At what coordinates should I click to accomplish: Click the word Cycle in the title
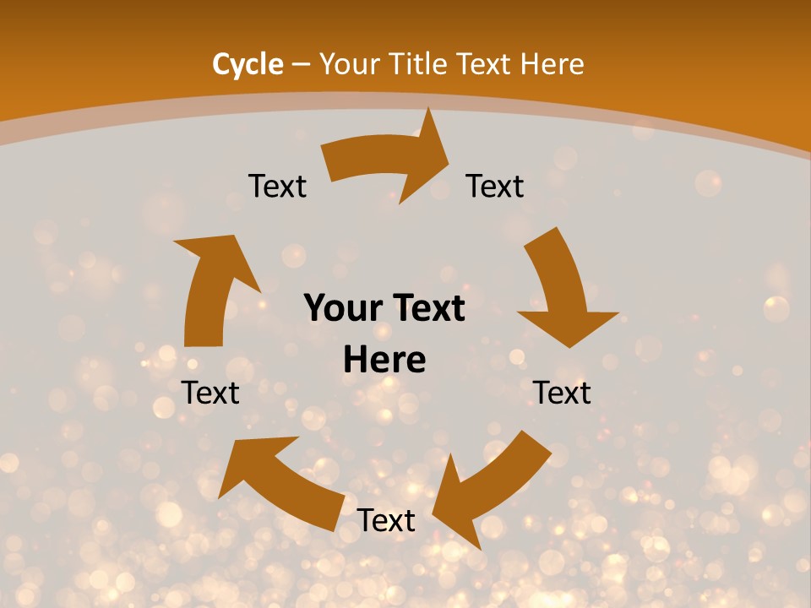[x=248, y=64]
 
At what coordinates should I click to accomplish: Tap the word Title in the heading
[x=419, y=64]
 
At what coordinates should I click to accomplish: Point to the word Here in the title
[x=552, y=64]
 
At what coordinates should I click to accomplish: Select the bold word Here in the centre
[x=384, y=360]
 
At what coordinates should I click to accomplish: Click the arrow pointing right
[x=389, y=160]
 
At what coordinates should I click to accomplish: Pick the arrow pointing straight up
[x=211, y=287]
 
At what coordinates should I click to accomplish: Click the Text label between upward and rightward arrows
[x=277, y=186]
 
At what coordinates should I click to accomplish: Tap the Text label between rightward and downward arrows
[x=495, y=186]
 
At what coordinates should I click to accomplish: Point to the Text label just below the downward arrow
[x=562, y=393]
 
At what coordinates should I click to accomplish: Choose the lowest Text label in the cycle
[x=386, y=520]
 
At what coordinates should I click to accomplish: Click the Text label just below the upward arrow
[x=210, y=393]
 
